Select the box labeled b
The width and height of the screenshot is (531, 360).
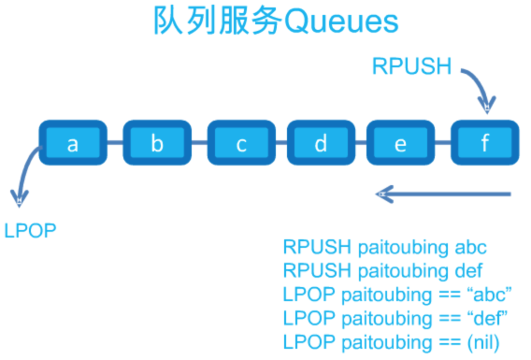(x=156, y=144)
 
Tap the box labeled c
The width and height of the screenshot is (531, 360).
(x=240, y=144)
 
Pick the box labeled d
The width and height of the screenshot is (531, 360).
(x=321, y=144)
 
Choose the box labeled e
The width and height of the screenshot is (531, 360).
(x=401, y=144)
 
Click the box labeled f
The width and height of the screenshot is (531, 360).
(x=484, y=144)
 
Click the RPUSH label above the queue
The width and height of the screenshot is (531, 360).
(x=412, y=66)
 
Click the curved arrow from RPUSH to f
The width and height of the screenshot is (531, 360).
(x=478, y=89)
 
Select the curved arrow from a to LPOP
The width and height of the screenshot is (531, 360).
(x=22, y=173)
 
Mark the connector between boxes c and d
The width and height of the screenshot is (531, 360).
(x=280, y=144)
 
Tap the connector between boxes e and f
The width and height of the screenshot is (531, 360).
(x=442, y=144)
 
